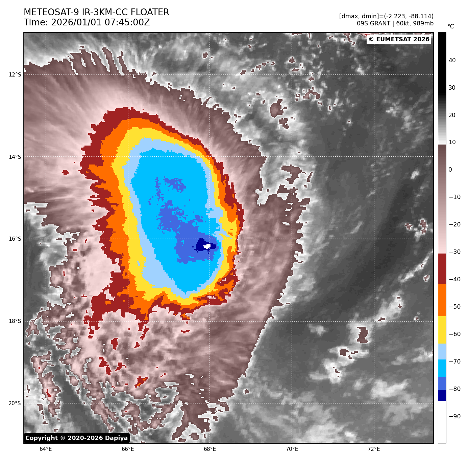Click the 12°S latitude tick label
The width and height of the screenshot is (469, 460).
(x=15, y=75)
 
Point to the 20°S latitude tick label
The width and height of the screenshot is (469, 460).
(x=15, y=403)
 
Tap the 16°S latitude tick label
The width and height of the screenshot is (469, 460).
(x=15, y=239)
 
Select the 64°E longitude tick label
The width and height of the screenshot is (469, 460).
(x=46, y=449)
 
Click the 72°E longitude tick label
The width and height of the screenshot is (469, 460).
(x=374, y=449)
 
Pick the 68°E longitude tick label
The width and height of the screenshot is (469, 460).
(x=210, y=449)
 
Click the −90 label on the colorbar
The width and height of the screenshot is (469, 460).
(x=454, y=416)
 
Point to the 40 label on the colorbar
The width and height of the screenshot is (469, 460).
(x=452, y=61)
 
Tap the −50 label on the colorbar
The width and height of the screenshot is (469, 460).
(x=454, y=307)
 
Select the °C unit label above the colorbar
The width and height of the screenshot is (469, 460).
(x=451, y=26)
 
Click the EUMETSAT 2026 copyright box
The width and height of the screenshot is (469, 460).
(x=399, y=40)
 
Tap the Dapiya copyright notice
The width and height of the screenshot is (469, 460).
(x=77, y=438)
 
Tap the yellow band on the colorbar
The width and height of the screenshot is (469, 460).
(x=442, y=330)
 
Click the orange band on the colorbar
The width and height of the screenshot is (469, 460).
(x=442, y=300)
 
